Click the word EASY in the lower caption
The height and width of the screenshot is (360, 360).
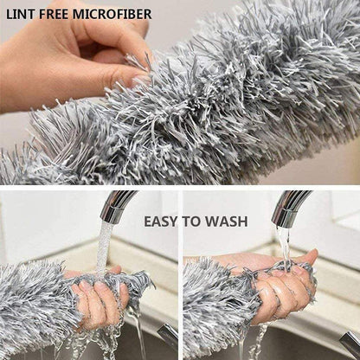162,222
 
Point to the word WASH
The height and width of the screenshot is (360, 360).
227,222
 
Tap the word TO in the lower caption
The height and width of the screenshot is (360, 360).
193,222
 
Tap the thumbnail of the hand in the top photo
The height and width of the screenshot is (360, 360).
138,80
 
